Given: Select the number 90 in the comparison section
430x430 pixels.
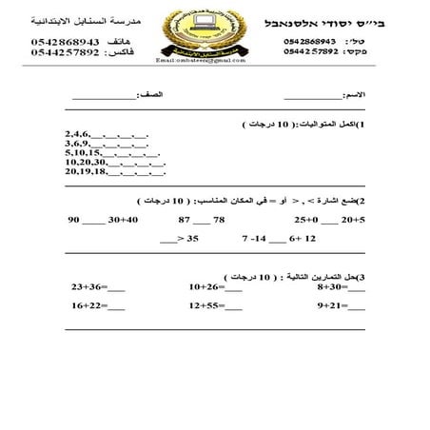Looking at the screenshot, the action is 73,220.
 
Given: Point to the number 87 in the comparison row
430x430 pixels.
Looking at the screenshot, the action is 186,220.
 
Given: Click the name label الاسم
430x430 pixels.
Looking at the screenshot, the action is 353,96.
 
